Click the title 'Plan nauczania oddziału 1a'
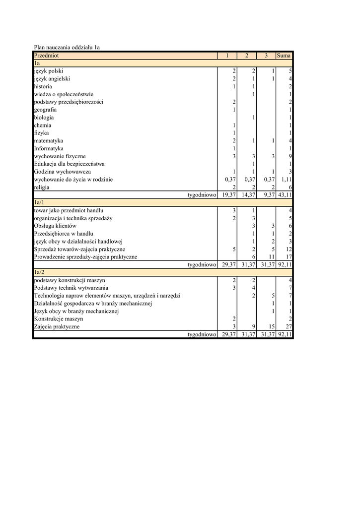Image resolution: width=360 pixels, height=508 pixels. [67, 48]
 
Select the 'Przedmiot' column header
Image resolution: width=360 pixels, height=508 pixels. [46, 56]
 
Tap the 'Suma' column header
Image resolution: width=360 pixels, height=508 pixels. [284, 56]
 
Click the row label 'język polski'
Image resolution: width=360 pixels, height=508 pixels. [49, 71]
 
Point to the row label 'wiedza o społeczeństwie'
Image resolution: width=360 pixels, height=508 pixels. [64, 94]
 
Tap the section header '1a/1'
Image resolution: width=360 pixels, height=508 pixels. [39, 203]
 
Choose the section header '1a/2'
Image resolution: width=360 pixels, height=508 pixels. [39, 272]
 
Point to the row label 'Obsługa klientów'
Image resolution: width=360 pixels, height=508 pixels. [55, 226]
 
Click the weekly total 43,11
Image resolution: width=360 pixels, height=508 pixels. [285, 195]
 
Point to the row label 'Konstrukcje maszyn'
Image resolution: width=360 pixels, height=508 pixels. [59, 319]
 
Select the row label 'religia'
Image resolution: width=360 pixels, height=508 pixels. [42, 187]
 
